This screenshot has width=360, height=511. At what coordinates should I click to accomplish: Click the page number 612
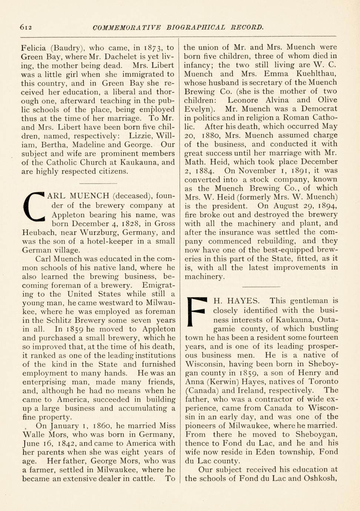tap(27, 27)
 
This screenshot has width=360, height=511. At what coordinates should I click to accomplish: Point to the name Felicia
tap(34, 48)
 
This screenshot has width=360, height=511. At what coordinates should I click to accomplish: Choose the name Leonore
tap(242, 100)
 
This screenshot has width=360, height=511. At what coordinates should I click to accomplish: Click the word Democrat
tap(319, 109)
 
